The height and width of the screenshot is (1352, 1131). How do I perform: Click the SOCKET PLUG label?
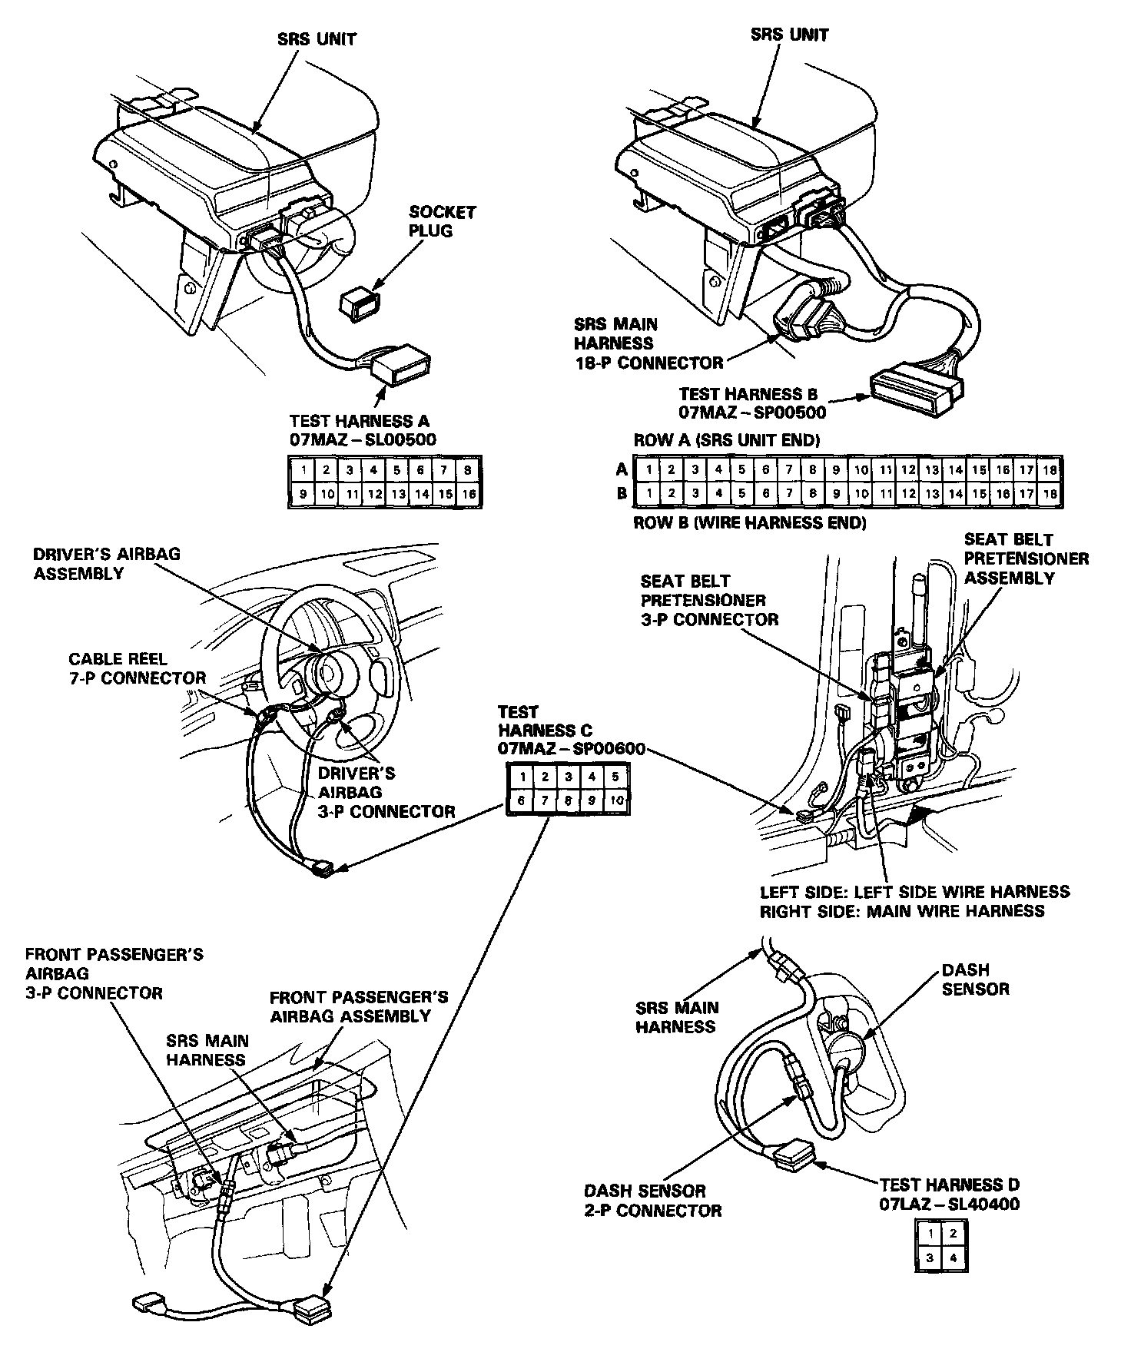443,221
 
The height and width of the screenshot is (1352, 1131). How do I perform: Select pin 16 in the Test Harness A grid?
469,494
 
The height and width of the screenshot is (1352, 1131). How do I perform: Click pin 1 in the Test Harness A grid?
303,470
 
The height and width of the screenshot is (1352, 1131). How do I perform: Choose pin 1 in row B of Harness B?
648,493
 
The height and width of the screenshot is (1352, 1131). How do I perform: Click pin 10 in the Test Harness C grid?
616,800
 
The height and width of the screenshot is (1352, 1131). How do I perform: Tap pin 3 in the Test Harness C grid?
569,777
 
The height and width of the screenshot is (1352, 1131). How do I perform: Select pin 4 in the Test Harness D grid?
954,1259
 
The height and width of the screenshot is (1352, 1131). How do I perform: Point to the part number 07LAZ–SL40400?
950,1204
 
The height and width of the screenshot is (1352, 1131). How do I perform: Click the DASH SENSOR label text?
975,979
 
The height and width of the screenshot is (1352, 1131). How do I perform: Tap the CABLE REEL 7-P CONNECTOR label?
137,668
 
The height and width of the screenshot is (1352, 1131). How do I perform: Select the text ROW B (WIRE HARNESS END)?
749,523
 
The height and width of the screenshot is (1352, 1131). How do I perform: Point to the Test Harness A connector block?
401,365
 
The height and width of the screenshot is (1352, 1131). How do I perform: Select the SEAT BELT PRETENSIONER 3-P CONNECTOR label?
708,600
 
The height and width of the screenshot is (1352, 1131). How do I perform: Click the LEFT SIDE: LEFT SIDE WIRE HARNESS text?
914,892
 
